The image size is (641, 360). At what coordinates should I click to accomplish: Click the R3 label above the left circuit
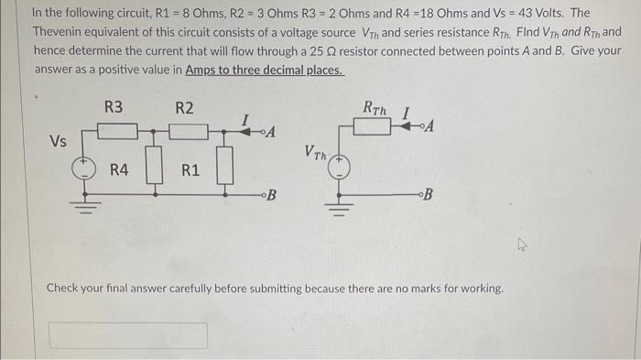pyautogui.click(x=113, y=108)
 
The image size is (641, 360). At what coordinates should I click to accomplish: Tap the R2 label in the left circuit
pyautogui.click(x=184, y=108)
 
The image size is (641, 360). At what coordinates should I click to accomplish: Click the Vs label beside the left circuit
pyautogui.click(x=58, y=141)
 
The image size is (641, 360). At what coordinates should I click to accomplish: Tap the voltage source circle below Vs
pyautogui.click(x=85, y=168)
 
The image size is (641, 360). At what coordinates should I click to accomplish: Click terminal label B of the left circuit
pyautogui.click(x=272, y=195)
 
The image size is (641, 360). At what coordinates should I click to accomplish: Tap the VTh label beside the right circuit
pyautogui.click(x=314, y=153)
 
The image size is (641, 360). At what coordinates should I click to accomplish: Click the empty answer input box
pyautogui.click(x=128, y=335)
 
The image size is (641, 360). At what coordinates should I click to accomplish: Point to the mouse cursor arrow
pyautogui.click(x=523, y=245)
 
